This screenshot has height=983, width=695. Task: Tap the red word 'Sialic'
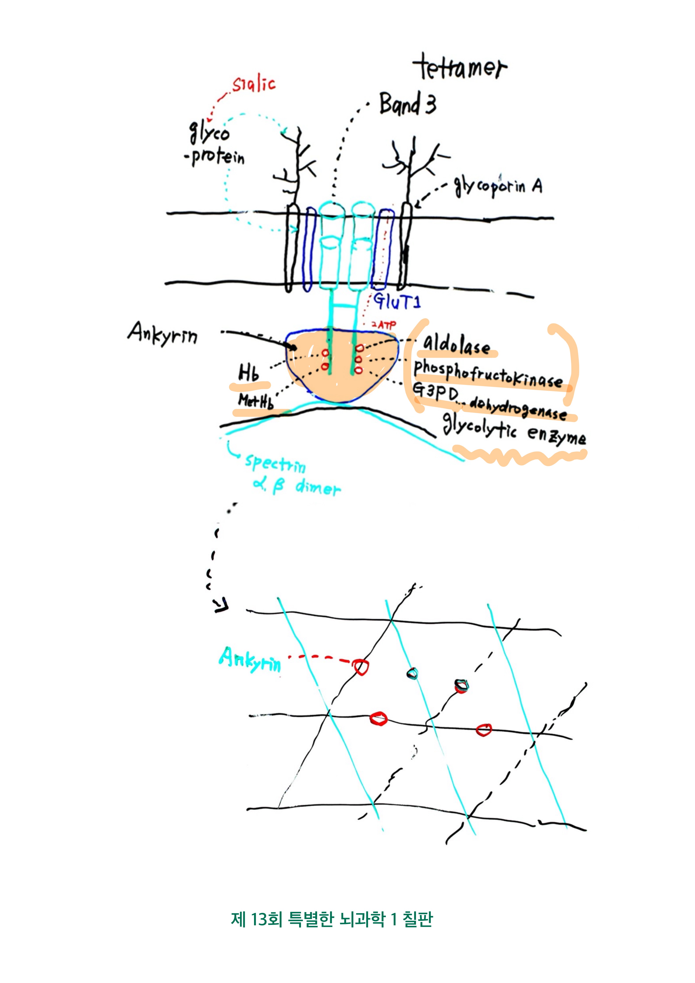(x=253, y=84)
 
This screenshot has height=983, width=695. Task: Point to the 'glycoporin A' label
(x=498, y=187)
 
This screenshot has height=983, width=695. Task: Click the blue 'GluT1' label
(x=397, y=301)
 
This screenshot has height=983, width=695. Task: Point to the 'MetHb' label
(x=255, y=401)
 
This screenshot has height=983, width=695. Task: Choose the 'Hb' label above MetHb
(x=249, y=372)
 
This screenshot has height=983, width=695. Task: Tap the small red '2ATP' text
(x=384, y=325)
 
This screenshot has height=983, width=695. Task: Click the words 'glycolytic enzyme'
(x=513, y=429)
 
